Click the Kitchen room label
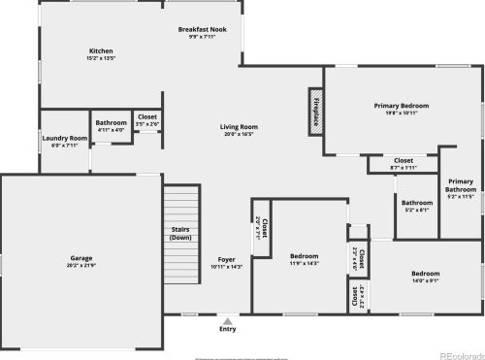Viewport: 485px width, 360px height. click(x=102, y=50)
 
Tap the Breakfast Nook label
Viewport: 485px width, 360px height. click(x=203, y=30)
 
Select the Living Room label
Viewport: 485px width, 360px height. click(x=238, y=127)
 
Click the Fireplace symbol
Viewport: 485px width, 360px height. click(x=315, y=109)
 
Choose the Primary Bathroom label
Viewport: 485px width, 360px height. click(x=461, y=185)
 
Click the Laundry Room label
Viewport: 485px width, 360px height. click(x=65, y=139)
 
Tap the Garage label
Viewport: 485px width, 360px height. click(x=81, y=259)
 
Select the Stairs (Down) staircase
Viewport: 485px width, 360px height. click(x=180, y=233)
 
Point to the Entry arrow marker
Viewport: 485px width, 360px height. click(x=227, y=319)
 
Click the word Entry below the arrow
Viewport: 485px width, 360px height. click(x=227, y=330)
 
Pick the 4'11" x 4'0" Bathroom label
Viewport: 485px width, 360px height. click(x=111, y=123)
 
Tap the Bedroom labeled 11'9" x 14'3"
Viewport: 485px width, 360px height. click(x=304, y=257)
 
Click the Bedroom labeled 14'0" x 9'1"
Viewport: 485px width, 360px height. click(x=425, y=274)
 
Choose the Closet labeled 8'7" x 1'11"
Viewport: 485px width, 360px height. click(x=404, y=161)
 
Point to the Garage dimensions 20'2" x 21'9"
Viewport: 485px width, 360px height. click(x=81, y=265)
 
